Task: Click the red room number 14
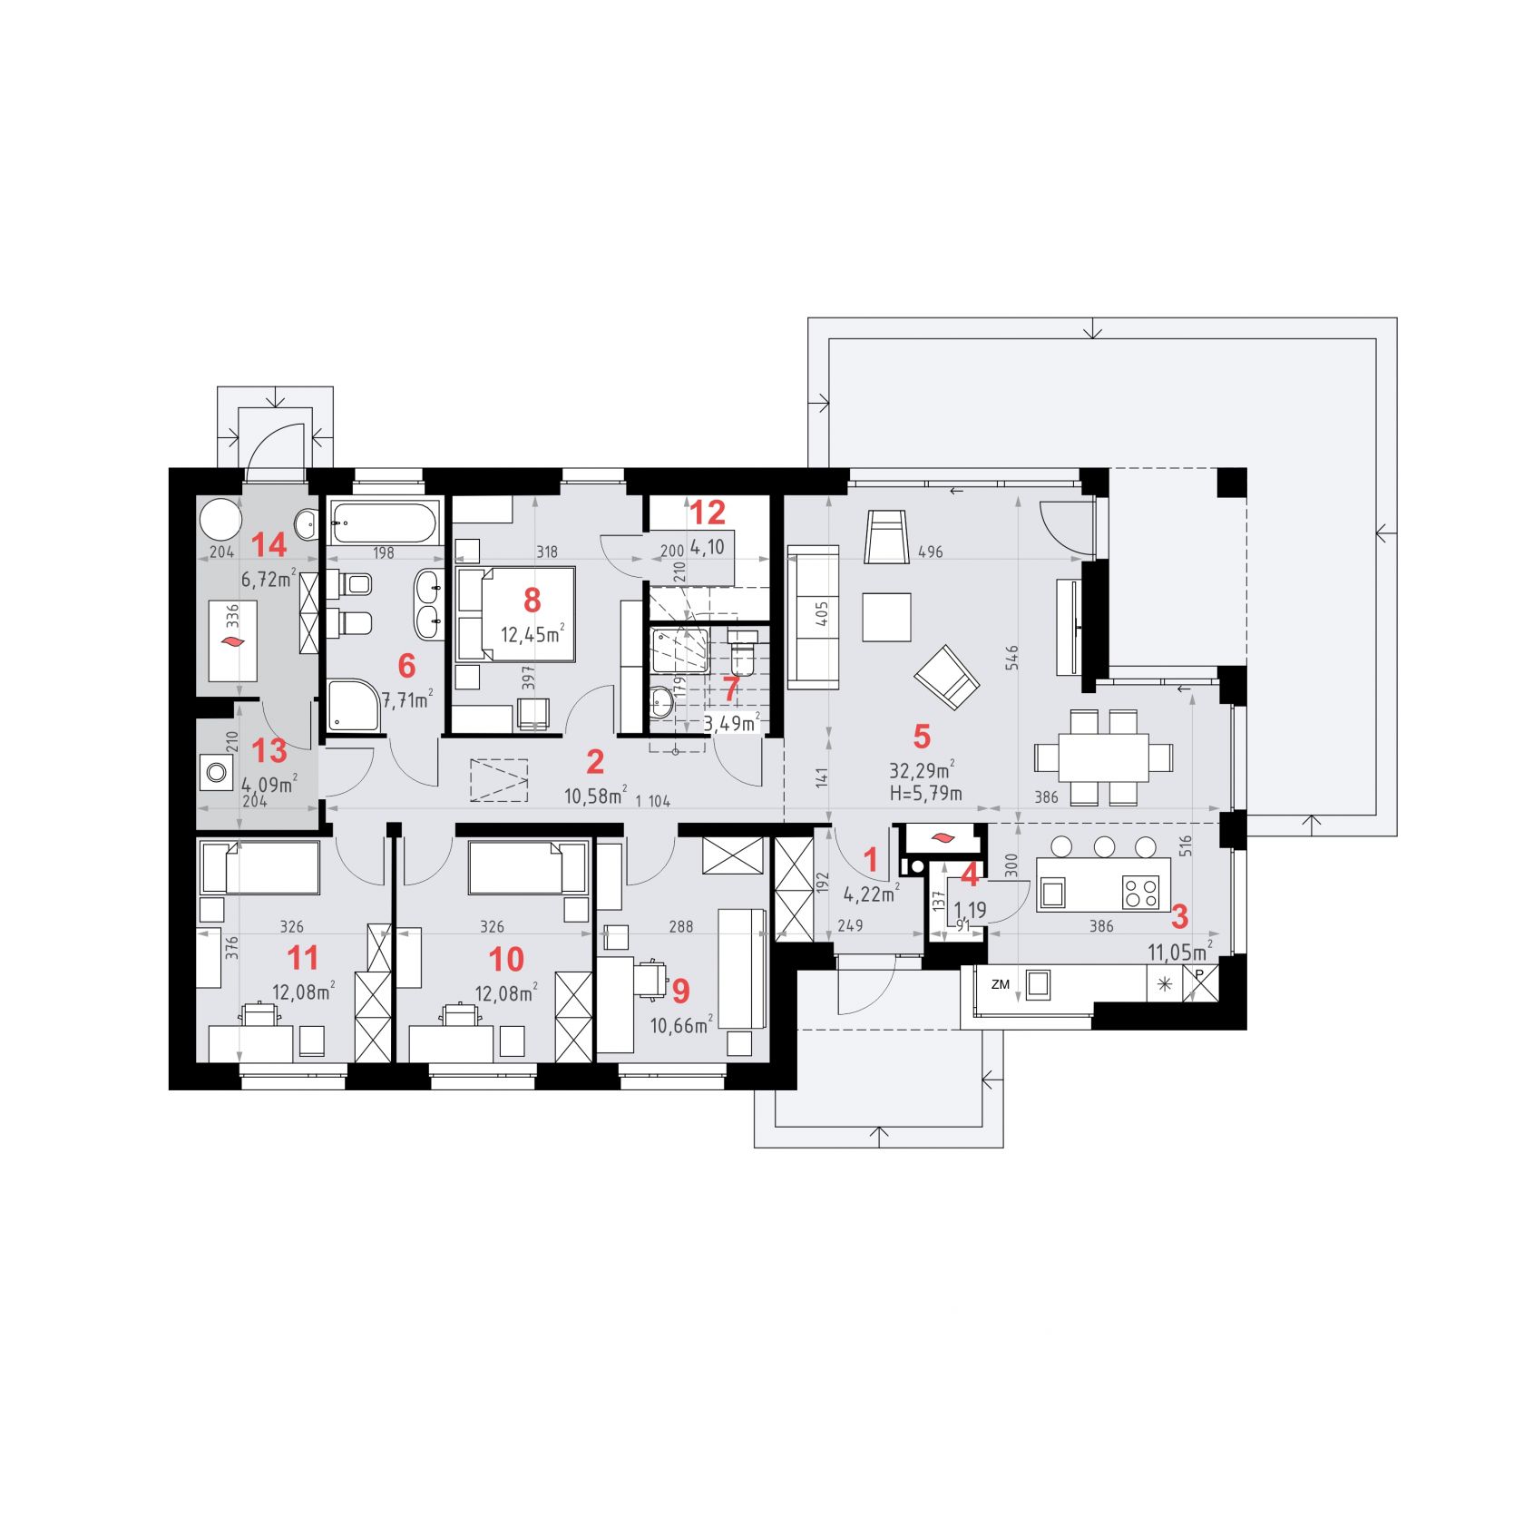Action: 269,545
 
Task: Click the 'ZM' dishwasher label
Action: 1001,984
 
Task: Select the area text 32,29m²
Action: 922,771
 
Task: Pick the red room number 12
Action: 708,513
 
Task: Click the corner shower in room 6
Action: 353,705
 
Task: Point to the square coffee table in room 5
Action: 886,617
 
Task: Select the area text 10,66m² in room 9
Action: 681,1025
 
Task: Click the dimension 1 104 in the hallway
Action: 653,801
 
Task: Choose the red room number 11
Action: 303,958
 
